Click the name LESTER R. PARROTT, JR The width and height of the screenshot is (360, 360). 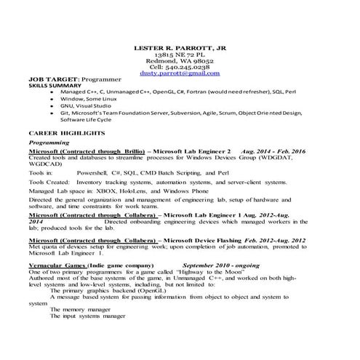click(180, 48)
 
